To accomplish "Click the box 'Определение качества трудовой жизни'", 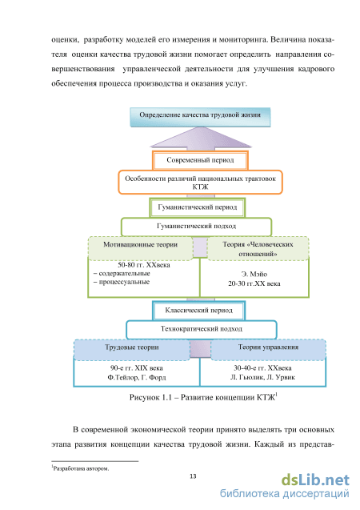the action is [200, 117].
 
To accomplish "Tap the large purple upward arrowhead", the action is [201, 138].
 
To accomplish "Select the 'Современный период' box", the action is [200, 160].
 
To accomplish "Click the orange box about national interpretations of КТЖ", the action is [200, 183].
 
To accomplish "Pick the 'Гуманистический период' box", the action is [198, 207].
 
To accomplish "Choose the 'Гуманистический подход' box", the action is [196, 226].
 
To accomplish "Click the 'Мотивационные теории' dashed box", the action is [141, 248].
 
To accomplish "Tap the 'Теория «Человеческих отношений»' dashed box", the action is [258, 248].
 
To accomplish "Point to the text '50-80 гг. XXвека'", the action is [144, 265].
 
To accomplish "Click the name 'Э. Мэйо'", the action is [254, 274].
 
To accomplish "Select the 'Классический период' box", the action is [199, 311].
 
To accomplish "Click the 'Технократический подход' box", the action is [202, 329].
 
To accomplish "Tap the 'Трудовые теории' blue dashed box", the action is [132, 350].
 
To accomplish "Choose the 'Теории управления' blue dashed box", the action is [268, 350].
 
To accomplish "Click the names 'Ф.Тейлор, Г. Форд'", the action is [137, 377].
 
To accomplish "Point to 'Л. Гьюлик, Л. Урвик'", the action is [262, 377].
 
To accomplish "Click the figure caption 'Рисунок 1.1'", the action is [150, 397].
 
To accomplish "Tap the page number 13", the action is [193, 476].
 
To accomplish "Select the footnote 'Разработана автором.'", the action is [80, 468].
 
